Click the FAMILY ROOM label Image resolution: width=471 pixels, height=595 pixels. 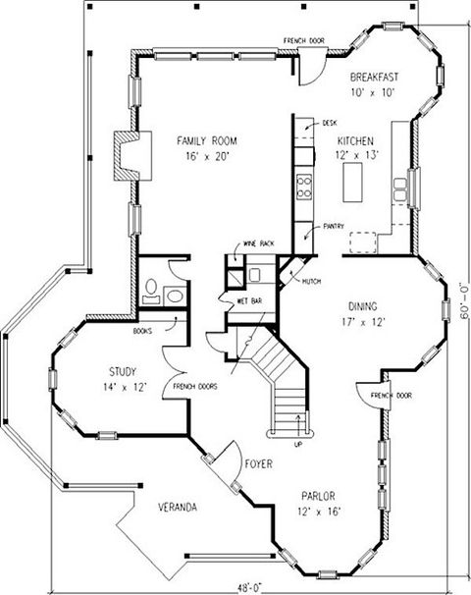pyautogui.click(x=207, y=141)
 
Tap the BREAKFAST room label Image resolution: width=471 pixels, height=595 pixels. pyautogui.click(x=374, y=77)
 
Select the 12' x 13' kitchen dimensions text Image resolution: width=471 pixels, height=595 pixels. pyautogui.click(x=357, y=155)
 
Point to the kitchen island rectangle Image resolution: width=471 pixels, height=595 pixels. pyautogui.click(x=352, y=183)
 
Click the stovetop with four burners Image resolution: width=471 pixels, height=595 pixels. pyautogui.click(x=304, y=187)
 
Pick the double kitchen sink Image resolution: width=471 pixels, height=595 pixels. pyautogui.click(x=399, y=189)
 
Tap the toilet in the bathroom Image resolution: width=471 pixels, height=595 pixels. pyautogui.click(x=151, y=291)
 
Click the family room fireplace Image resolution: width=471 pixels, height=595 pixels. pyautogui.click(x=132, y=155)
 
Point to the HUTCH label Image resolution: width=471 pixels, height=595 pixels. pyautogui.click(x=312, y=281)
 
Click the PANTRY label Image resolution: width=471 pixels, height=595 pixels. pyautogui.click(x=334, y=226)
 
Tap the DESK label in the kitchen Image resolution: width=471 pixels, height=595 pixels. pyautogui.click(x=329, y=123)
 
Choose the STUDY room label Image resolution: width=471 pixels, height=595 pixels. pyautogui.click(x=123, y=371)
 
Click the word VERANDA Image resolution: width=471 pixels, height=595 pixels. pyautogui.click(x=178, y=507)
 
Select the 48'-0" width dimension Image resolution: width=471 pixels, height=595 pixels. pyautogui.click(x=250, y=588)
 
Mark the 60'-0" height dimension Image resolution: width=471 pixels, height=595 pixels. pyautogui.click(x=464, y=302)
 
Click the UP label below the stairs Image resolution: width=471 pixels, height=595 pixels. pyautogui.click(x=298, y=445)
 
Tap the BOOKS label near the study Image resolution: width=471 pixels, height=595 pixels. pyautogui.click(x=142, y=331)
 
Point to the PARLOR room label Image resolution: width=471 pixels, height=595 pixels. pyautogui.click(x=318, y=496)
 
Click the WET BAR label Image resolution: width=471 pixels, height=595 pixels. pyautogui.click(x=249, y=300)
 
